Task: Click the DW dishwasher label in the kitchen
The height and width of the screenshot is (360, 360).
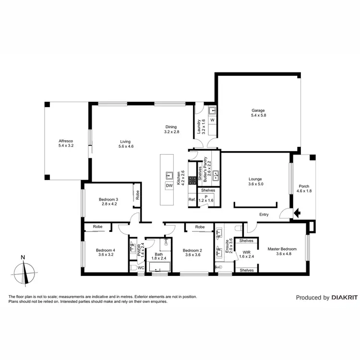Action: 169,185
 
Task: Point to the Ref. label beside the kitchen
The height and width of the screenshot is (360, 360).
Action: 192,200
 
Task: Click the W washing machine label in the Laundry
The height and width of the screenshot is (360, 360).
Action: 212,120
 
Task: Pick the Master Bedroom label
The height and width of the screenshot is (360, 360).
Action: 282,249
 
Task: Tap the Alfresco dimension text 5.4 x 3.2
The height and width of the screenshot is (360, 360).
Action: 66,145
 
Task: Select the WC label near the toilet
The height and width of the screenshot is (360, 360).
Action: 141,268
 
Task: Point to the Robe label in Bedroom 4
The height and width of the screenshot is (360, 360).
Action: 98,226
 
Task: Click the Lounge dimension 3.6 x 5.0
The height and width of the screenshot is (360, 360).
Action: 256,184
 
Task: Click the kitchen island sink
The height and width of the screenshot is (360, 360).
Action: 169,175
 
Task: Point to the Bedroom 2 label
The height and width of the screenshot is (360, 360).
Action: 192,250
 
